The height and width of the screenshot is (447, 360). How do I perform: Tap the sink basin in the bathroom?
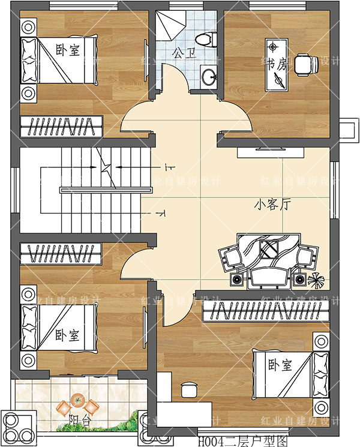coord(208,76)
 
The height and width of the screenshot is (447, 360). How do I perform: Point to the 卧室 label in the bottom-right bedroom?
coord(280,365)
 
